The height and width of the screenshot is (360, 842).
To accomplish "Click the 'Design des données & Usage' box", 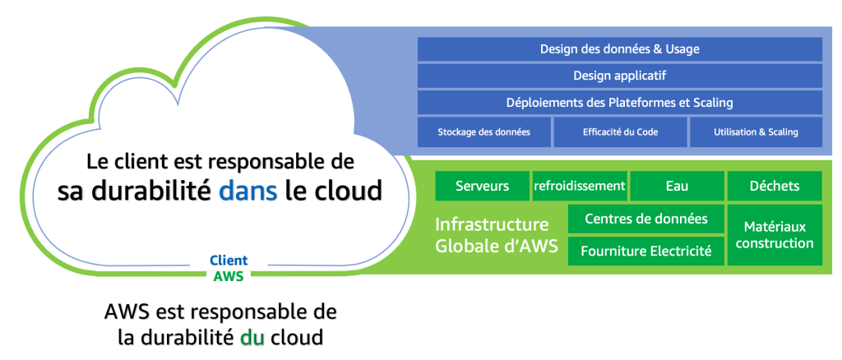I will tap(619, 49).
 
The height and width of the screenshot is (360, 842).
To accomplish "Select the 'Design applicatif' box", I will tap(619, 76).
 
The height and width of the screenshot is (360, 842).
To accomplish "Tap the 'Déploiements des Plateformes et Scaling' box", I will tap(619, 103).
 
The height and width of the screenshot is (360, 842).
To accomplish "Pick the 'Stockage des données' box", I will tap(483, 132).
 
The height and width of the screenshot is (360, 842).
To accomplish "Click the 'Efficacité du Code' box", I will tap(620, 132).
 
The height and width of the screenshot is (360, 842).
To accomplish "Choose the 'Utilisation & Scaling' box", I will tap(756, 132).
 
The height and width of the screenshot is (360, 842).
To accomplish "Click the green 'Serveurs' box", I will tap(482, 186).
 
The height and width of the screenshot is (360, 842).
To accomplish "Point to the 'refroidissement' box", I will tap(580, 186).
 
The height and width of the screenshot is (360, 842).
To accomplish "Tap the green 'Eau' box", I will tap(677, 186).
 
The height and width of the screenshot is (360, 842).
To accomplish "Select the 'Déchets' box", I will tap(775, 186).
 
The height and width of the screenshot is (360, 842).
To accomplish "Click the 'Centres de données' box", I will tap(645, 219).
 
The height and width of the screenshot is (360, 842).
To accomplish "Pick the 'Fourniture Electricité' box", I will tap(645, 251).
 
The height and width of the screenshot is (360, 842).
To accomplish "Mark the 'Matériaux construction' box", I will tap(775, 234).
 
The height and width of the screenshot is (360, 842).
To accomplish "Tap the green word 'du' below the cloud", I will tap(252, 337).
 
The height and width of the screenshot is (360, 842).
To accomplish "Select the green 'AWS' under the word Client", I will tap(228, 276).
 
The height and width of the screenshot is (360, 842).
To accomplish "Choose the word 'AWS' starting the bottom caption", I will tap(127, 313).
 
